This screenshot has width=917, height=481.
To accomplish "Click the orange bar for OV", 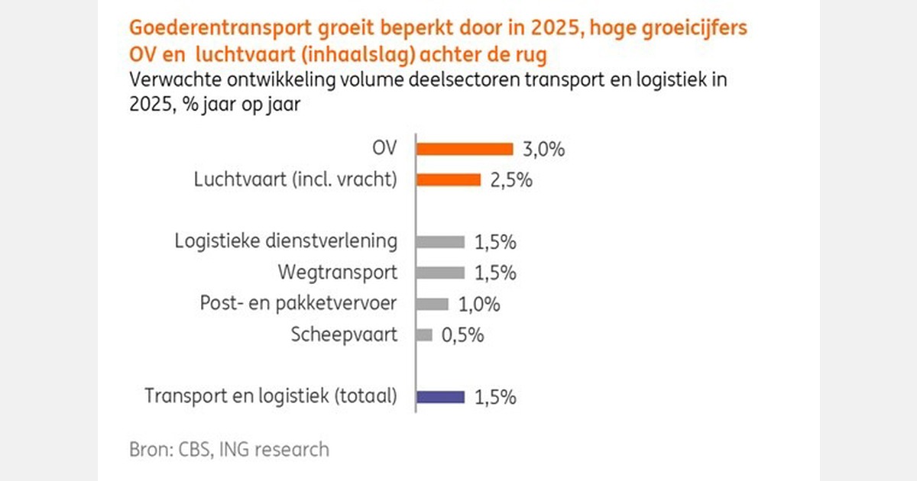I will click(464, 149).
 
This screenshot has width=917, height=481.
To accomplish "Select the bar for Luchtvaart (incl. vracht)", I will click(448, 180).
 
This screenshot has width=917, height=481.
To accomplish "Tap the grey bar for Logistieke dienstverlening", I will click(440, 242).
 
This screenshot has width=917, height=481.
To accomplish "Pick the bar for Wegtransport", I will click(440, 273).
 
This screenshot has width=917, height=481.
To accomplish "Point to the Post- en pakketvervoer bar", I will click(432, 304).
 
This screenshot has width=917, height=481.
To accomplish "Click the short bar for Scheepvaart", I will click(424, 334).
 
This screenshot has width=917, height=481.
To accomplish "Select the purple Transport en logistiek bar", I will click(440, 396).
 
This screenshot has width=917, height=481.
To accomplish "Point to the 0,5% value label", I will click(462, 335).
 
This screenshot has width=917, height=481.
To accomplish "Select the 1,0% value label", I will click(479, 305).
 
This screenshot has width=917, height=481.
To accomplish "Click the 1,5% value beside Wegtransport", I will click(495, 273).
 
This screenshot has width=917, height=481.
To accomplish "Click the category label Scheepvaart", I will click(345, 334).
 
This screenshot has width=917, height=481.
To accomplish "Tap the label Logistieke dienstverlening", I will click(286, 242).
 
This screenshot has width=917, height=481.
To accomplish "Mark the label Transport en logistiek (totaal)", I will click(271, 396).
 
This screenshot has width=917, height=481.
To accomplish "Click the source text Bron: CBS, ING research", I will click(229, 449).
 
